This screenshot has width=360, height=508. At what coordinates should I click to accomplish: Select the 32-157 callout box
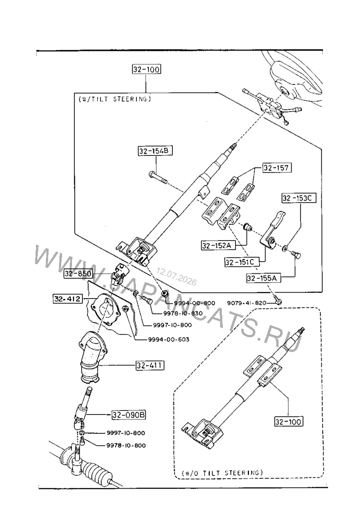276,168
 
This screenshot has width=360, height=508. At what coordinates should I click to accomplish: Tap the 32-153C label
298,198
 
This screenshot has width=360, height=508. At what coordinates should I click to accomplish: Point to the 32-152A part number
216,245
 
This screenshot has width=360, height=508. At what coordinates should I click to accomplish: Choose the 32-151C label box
240,262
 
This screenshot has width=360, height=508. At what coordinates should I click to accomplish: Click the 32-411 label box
150,365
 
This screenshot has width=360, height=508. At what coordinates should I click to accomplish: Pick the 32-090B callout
129,414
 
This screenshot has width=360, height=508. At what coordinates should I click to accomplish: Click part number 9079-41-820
247,303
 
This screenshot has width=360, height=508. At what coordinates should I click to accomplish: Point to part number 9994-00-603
169,339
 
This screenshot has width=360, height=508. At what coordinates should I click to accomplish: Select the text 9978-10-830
183,313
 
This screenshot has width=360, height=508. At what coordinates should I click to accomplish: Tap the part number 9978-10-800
126,446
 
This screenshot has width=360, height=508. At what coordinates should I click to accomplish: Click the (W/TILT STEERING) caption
114,99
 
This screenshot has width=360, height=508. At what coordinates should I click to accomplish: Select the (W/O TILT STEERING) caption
222,473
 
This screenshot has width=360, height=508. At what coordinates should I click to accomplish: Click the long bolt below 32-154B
157,178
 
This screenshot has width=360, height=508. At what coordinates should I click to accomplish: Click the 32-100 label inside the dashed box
288,422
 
